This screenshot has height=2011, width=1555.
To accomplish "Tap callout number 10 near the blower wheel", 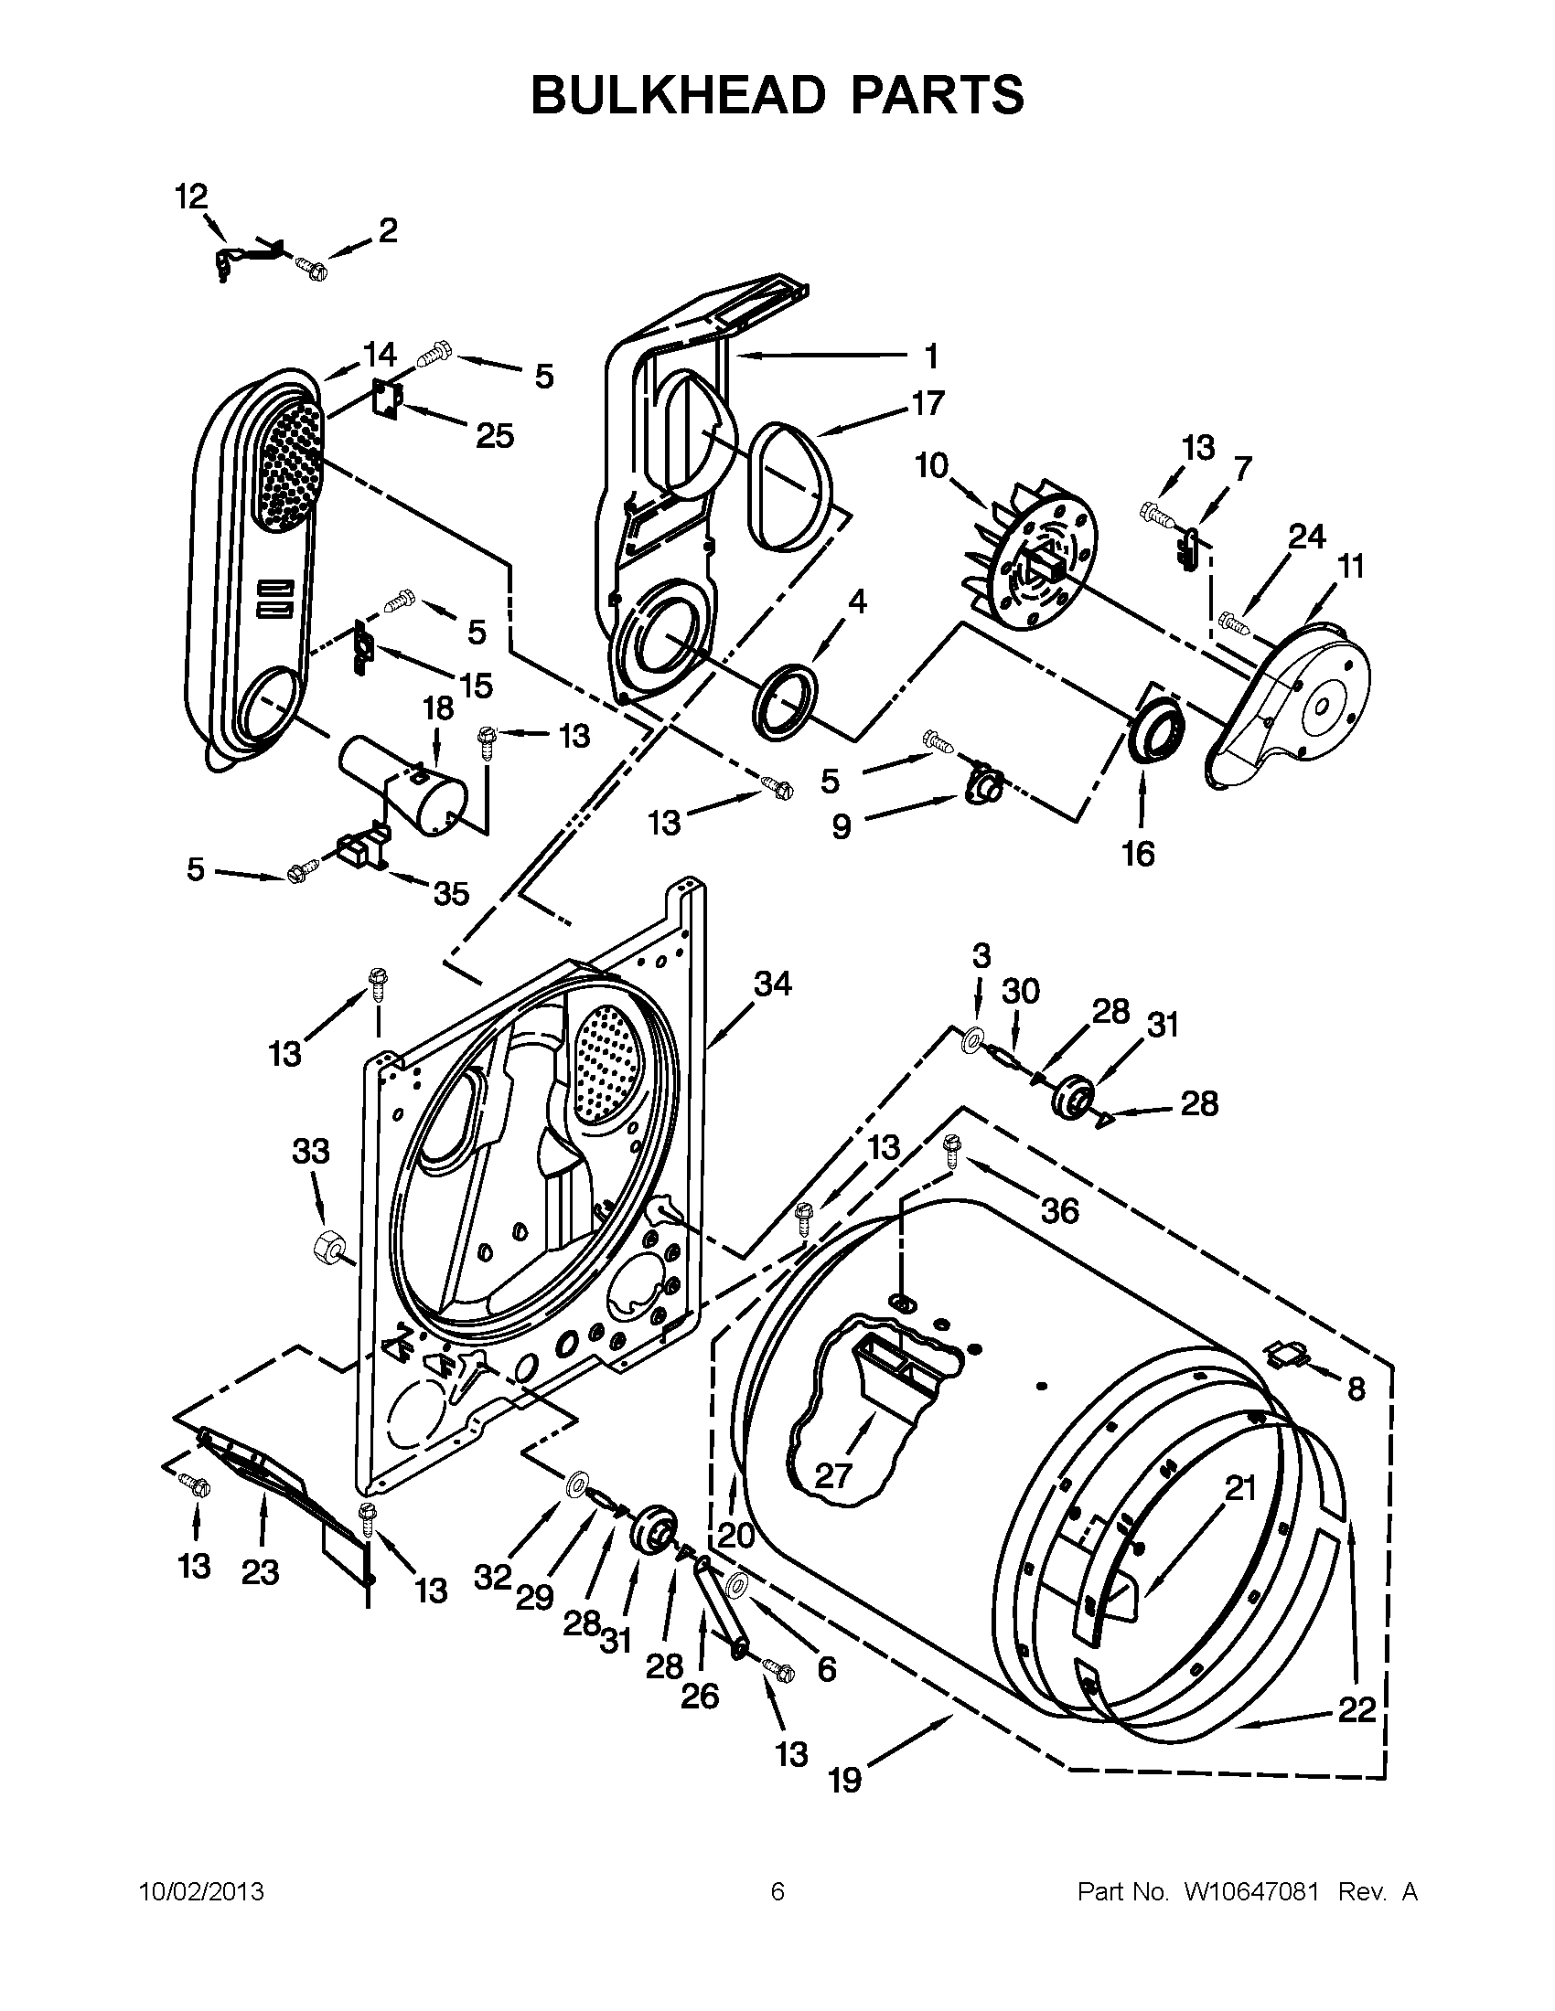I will point(931,466).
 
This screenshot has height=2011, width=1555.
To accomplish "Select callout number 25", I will point(494,435).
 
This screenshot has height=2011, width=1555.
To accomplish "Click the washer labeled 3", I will point(971,1041).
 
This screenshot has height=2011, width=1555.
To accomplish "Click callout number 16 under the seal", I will point(1138,854).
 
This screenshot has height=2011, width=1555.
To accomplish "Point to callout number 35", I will point(450,892).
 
